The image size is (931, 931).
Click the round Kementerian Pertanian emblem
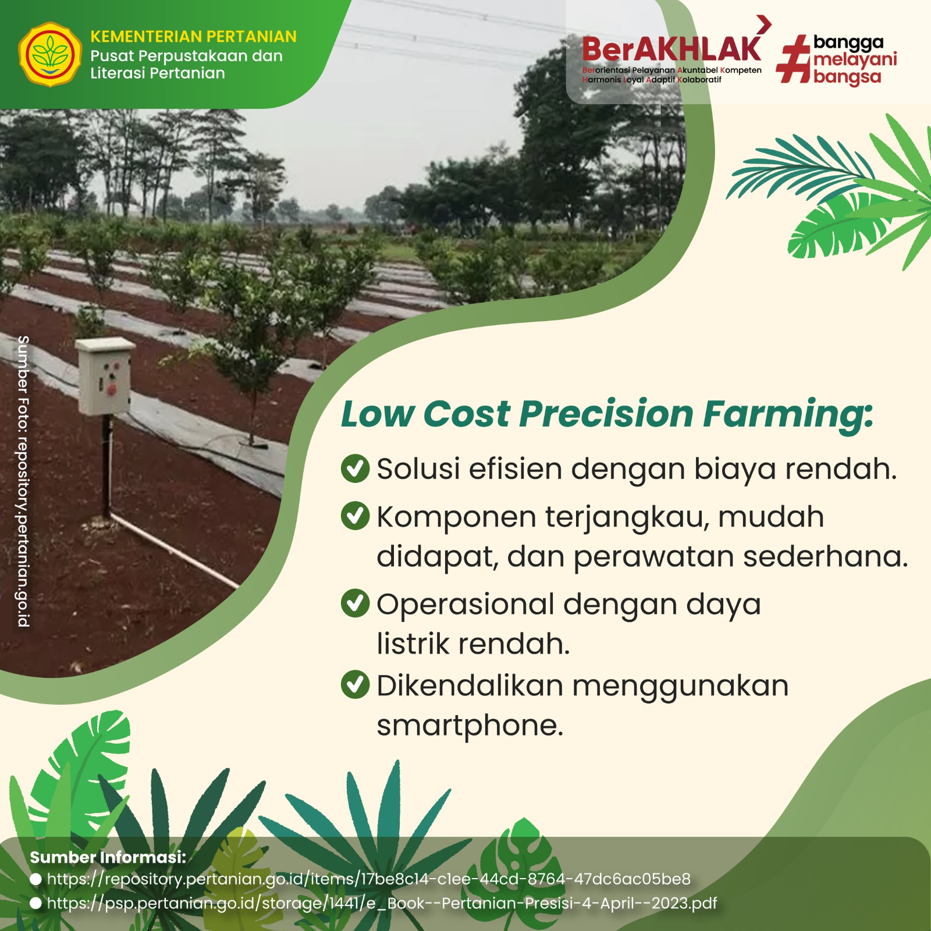click(51, 55)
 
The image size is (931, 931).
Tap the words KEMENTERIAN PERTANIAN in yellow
click(193, 37)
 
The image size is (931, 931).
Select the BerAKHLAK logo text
click(671, 49)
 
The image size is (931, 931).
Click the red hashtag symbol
click(794, 59)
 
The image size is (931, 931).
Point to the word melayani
click(855, 59)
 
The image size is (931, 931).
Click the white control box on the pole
click(105, 376)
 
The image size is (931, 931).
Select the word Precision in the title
click(606, 414)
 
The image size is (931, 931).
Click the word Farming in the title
click(788, 415)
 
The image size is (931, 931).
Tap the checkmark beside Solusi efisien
click(355, 468)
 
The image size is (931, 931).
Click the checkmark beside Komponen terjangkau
click(355, 516)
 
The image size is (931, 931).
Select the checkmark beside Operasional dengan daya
click(355, 603)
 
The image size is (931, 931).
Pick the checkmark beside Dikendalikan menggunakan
click(355, 685)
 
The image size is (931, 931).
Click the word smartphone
click(470, 726)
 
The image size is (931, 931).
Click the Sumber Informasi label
click(108, 857)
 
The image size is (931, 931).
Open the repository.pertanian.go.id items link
click(368, 879)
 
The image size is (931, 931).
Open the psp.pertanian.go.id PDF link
click(382, 903)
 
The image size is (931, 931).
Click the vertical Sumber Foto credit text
click(23, 481)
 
